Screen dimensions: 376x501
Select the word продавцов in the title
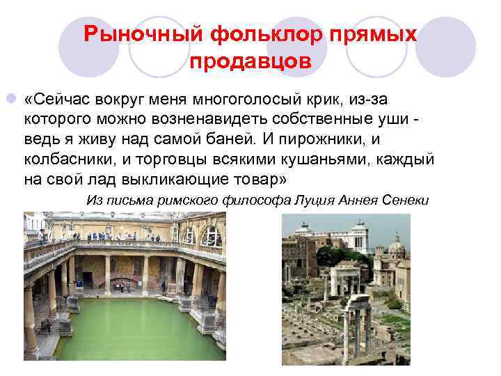249,61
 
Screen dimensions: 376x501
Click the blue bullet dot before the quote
9,94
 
